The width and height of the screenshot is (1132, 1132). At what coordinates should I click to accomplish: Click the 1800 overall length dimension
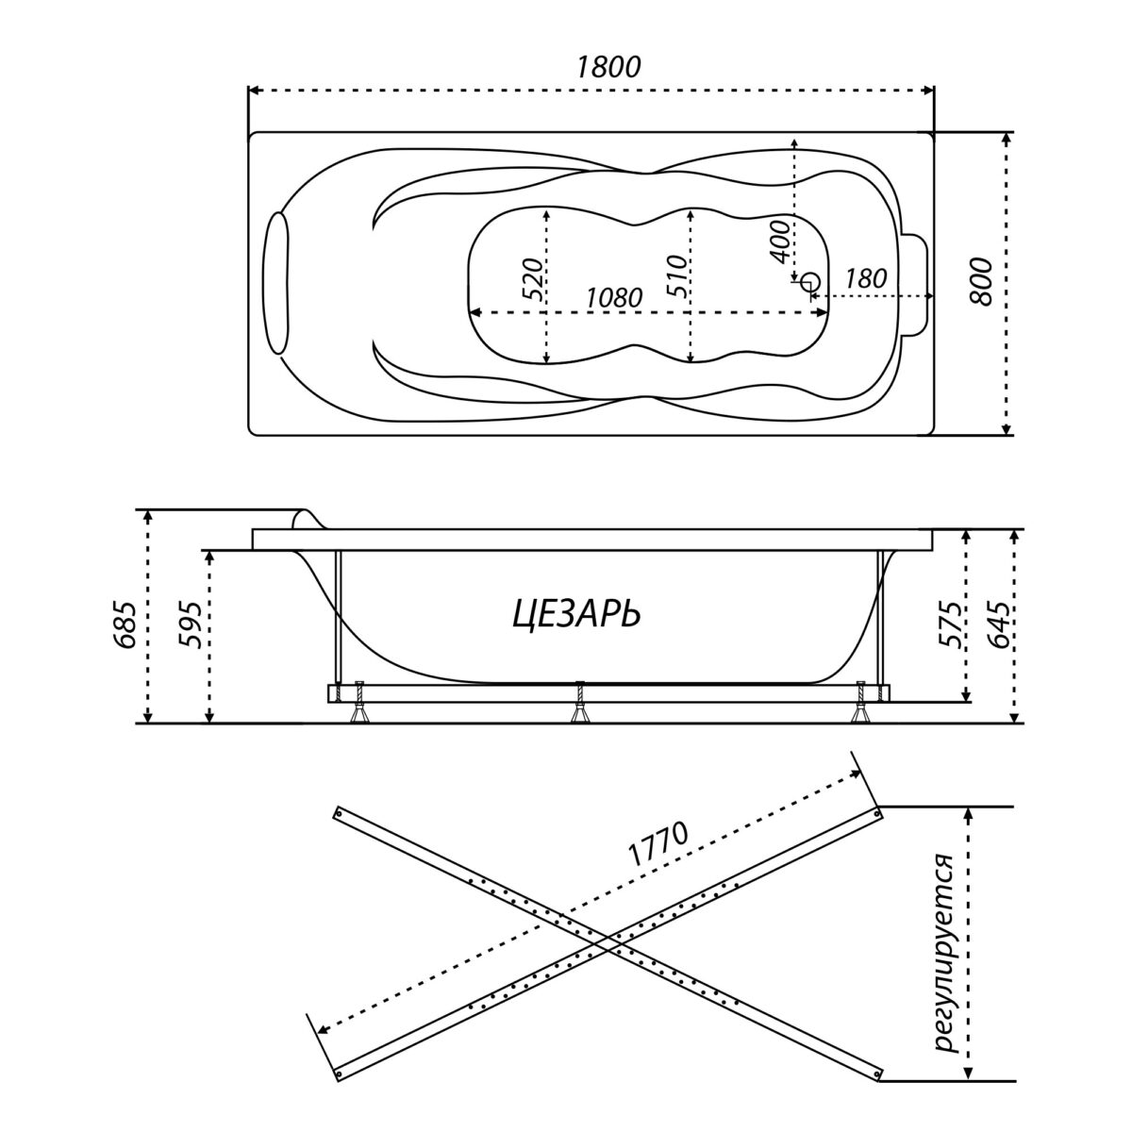pyautogui.click(x=608, y=67)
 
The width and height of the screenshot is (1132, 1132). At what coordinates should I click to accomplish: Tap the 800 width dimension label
pyautogui.click(x=980, y=281)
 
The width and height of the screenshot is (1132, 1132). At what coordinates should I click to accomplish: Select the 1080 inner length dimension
pyautogui.click(x=614, y=298)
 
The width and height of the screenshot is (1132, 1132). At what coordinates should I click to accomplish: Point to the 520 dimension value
pyautogui.click(x=533, y=279)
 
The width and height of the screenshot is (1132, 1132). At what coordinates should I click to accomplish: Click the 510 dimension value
pyautogui.click(x=676, y=275)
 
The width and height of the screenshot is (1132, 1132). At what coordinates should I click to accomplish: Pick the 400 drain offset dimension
pyautogui.click(x=778, y=242)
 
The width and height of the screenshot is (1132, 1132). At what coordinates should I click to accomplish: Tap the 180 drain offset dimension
pyautogui.click(x=865, y=279)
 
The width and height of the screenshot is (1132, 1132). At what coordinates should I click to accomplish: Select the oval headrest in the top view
pyautogui.click(x=278, y=283)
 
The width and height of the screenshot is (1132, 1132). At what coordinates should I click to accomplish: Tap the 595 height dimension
pyautogui.click(x=191, y=624)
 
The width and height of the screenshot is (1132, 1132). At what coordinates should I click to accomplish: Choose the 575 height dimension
pyautogui.click(x=950, y=624)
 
